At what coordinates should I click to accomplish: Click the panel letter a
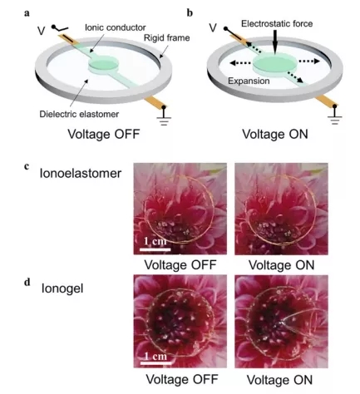(x=27, y=13)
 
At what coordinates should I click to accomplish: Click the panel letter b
(x=190, y=12)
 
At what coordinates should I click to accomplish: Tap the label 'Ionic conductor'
(x=116, y=27)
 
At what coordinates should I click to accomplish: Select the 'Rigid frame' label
(x=167, y=37)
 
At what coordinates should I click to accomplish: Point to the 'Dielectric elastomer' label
(x=79, y=114)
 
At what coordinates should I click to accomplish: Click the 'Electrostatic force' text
(x=277, y=23)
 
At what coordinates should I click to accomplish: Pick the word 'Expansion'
(x=249, y=81)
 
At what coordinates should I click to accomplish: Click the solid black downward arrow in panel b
(x=274, y=42)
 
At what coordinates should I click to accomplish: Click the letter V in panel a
(x=41, y=31)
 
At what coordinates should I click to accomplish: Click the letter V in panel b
(x=213, y=27)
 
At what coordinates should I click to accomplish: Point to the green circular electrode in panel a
(x=103, y=63)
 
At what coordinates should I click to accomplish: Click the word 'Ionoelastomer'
(x=81, y=174)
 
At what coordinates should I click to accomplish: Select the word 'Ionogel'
(x=62, y=288)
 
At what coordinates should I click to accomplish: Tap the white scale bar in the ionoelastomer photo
(x=155, y=249)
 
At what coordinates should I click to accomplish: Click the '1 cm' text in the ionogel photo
(x=155, y=356)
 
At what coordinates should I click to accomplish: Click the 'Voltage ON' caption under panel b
(x=275, y=134)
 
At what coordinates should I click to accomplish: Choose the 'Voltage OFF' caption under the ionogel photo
(x=182, y=379)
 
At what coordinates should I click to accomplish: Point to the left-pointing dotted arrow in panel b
(x=240, y=63)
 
